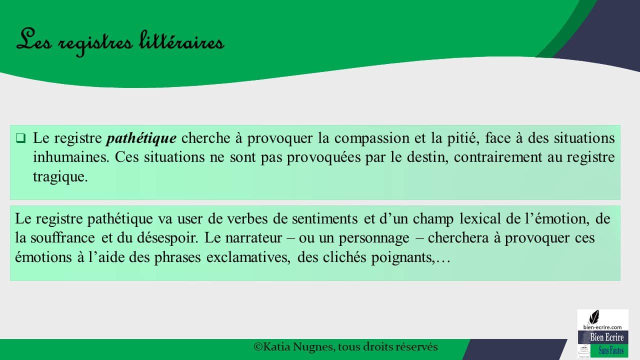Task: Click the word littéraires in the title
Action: click(181, 41)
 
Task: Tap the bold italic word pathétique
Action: click(141, 138)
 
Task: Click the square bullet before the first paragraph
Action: click(20, 138)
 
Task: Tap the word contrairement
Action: click(498, 157)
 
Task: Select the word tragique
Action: click(60, 177)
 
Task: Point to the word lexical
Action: click(480, 219)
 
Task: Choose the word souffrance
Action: click(62, 237)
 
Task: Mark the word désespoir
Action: click(167, 238)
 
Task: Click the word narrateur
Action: click(253, 238)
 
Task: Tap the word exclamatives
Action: click(248, 257)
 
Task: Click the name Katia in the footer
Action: click(277, 347)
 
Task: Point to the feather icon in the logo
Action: click(594, 317)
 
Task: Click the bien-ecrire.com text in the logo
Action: click(602, 327)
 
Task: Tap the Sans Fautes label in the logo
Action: click(611, 350)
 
